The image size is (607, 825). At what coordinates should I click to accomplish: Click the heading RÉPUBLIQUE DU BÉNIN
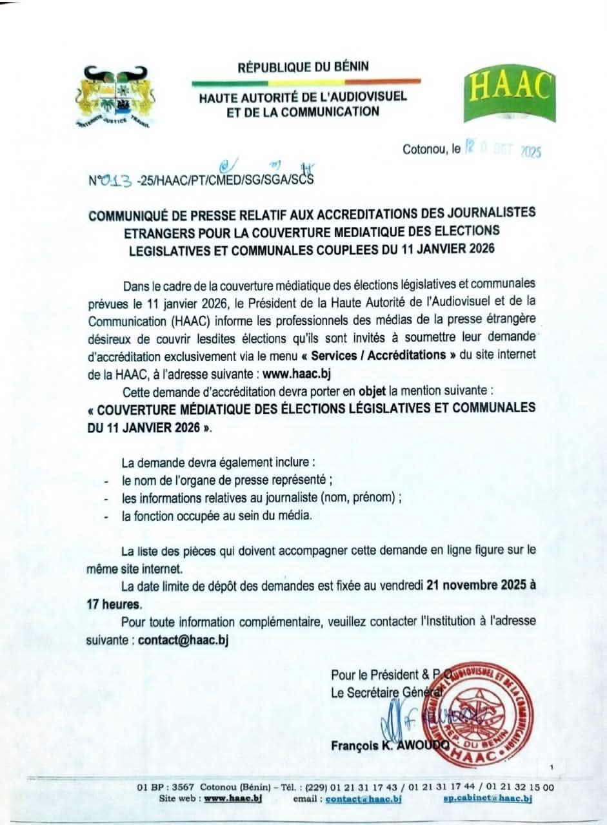pyautogui.click(x=304, y=67)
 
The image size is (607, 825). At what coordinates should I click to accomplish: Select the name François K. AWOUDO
pyautogui.click(x=392, y=745)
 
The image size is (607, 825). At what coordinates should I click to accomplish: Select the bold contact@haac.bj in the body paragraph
pyautogui.click(x=183, y=640)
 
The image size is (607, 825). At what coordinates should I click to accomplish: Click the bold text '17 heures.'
pyautogui.click(x=114, y=605)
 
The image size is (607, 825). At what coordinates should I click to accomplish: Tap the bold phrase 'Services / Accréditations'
pyautogui.click(x=390, y=354)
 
